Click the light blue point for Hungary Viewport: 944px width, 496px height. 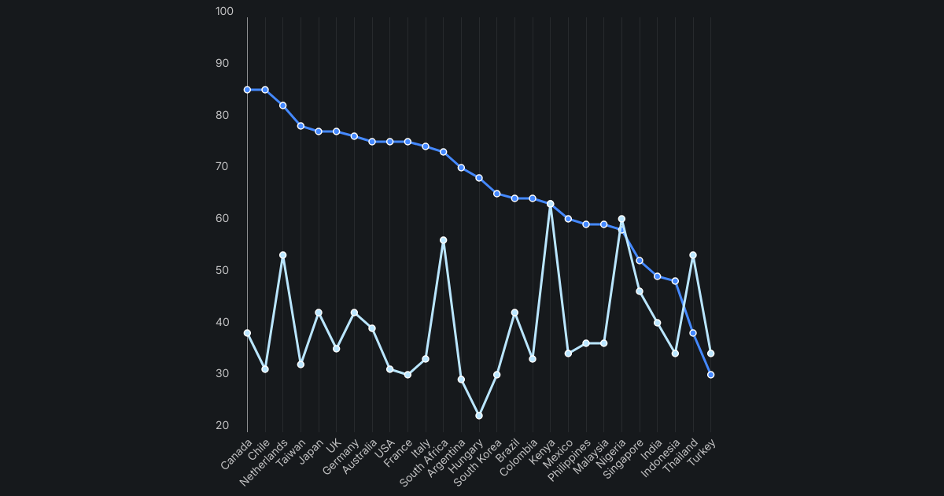tap(479, 415)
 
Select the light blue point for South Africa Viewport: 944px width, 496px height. tap(443, 240)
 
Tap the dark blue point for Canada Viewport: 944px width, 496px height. tap(247, 90)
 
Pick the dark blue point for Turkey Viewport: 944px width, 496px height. tap(710, 375)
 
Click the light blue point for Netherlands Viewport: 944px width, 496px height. tap(282, 255)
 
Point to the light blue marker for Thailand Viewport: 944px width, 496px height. tap(693, 255)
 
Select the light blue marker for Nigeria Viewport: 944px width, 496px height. tap(621, 219)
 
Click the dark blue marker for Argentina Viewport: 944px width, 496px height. tap(461, 168)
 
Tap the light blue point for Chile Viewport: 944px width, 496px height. tap(265, 369)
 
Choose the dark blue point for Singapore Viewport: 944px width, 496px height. tap(640, 261)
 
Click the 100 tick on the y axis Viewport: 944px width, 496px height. tap(225, 12)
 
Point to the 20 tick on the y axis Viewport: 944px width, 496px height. tap(223, 426)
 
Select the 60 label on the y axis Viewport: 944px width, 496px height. tap(223, 219)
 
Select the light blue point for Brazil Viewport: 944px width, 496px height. tap(514, 313)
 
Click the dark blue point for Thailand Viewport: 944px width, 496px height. tap(693, 333)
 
